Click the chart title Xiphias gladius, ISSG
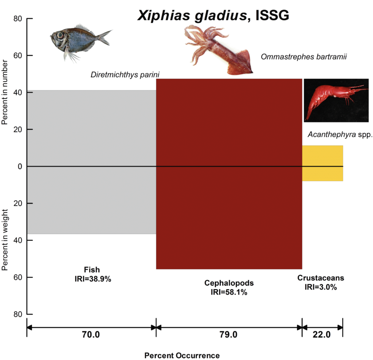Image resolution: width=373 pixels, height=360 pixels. [213, 15]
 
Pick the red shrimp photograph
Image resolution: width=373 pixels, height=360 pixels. [336, 100]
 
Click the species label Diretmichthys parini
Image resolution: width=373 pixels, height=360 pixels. [125, 75]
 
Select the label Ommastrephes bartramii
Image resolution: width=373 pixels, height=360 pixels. [303, 56]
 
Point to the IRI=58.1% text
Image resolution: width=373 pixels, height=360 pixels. [229, 292]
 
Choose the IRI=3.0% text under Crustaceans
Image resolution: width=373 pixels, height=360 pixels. [321, 287]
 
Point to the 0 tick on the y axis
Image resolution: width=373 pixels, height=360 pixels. [20, 167]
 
